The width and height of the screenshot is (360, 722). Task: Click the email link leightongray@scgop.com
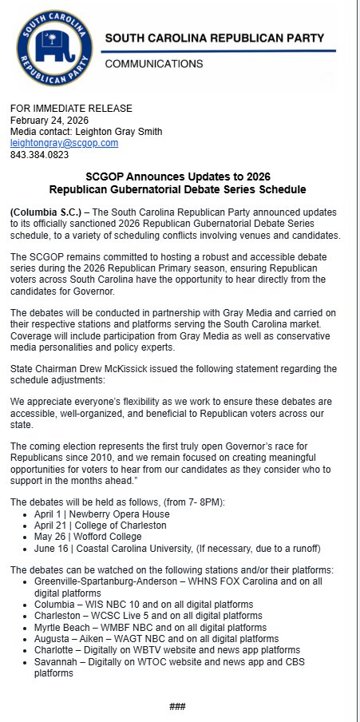(x=64, y=143)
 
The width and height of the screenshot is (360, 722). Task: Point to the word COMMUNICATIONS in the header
(x=154, y=63)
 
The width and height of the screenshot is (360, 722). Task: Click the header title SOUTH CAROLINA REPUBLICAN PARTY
(x=220, y=38)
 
